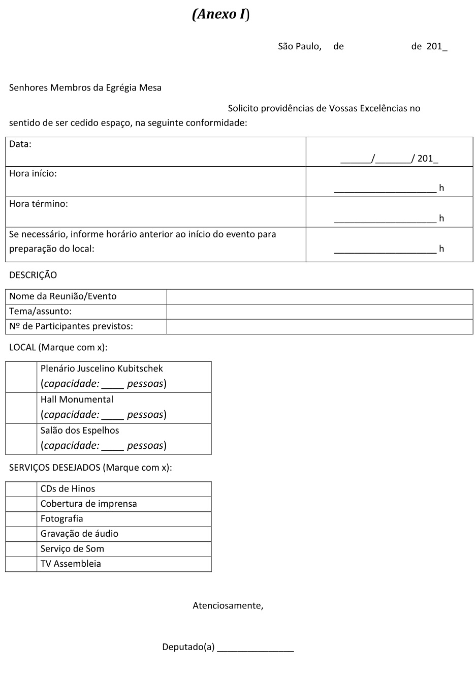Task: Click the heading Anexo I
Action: click(x=220, y=14)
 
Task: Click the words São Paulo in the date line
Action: click(x=299, y=46)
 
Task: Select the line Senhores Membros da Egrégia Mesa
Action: click(x=85, y=87)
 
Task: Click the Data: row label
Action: click(x=20, y=144)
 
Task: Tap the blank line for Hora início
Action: click(x=385, y=188)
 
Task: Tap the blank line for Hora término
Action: click(x=385, y=219)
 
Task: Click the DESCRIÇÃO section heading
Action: click(x=33, y=275)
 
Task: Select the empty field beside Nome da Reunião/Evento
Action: click(x=320, y=296)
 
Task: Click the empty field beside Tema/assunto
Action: click(x=320, y=312)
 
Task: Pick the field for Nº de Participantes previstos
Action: click(x=320, y=326)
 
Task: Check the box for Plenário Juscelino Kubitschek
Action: click(x=21, y=377)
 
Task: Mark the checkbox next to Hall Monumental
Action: click(x=21, y=408)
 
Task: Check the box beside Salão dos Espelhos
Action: click(x=21, y=439)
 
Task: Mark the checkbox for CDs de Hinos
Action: click(x=21, y=489)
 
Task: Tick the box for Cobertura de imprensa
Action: click(x=21, y=504)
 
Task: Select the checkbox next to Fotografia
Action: click(x=21, y=519)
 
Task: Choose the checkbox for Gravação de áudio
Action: click(x=21, y=534)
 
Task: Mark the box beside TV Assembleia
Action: click(x=21, y=564)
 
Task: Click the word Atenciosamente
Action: click(x=228, y=605)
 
